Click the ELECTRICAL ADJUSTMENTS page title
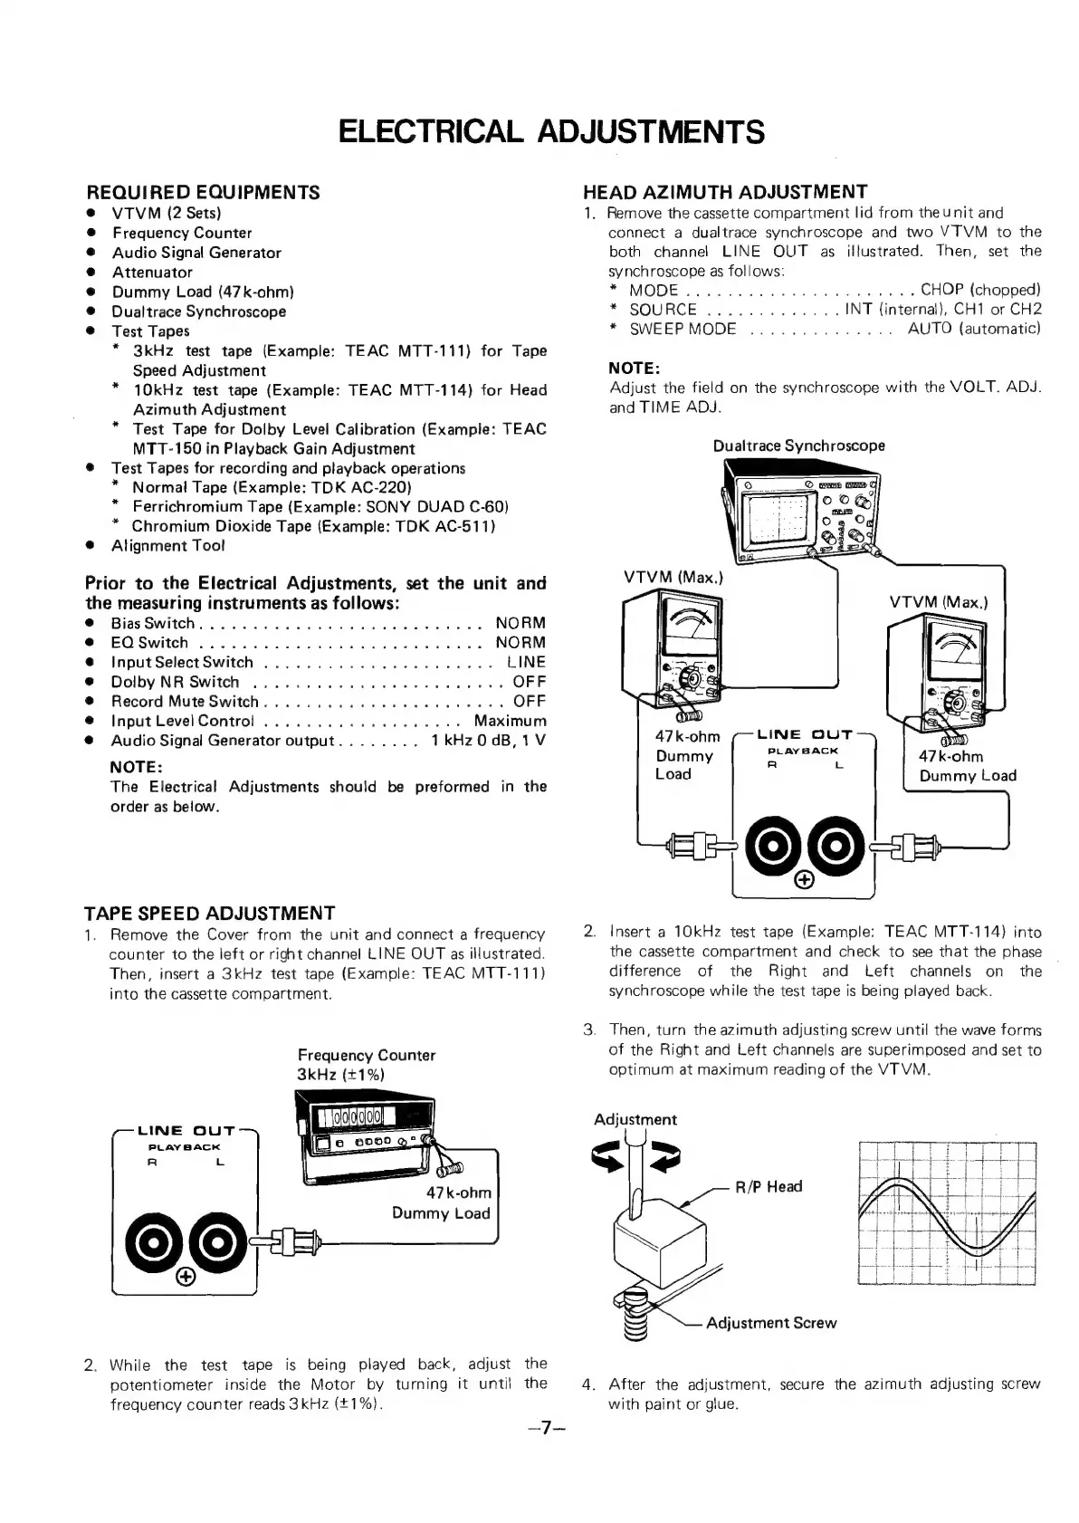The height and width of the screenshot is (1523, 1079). pos(551,131)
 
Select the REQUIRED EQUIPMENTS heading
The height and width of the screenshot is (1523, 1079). pos(202,192)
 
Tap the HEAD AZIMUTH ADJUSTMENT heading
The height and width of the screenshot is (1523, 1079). pos(725,191)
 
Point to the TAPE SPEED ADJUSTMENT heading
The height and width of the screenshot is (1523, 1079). pos(209,913)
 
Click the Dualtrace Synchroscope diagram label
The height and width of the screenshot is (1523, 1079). pos(798,445)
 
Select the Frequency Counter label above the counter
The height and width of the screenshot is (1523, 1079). pos(366,1055)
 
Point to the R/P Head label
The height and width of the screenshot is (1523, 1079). pos(769,1186)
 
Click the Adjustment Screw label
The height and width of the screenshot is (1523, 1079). pos(770,1323)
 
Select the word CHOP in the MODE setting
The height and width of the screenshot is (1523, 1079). pos(941,290)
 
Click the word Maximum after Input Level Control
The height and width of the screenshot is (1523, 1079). pos(510,721)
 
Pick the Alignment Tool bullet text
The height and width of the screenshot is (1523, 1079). pos(167,545)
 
